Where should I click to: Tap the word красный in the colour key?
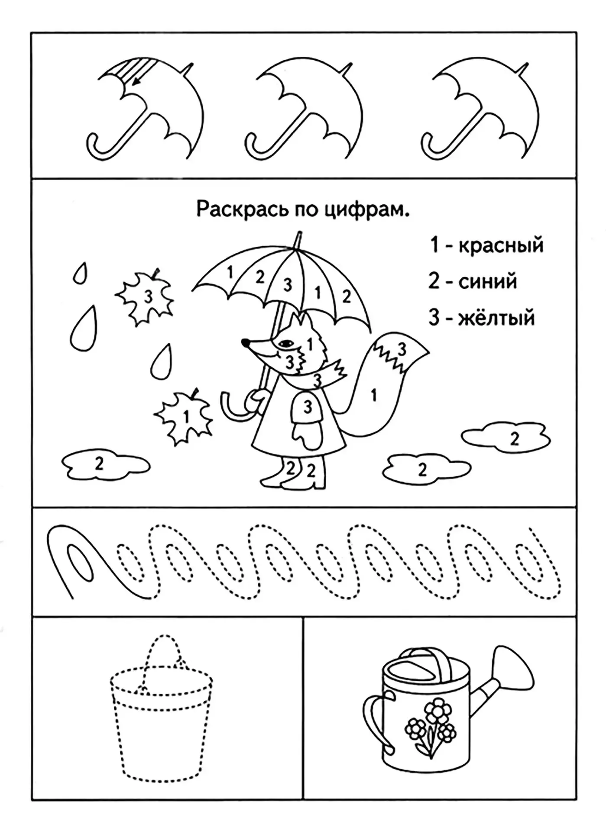[501, 245]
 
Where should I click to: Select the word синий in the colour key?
[488, 282]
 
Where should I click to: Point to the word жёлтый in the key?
[496, 318]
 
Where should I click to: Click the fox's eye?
[285, 343]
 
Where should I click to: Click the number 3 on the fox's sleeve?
[308, 406]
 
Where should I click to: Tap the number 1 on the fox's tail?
[374, 394]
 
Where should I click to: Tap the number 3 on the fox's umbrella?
[288, 285]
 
